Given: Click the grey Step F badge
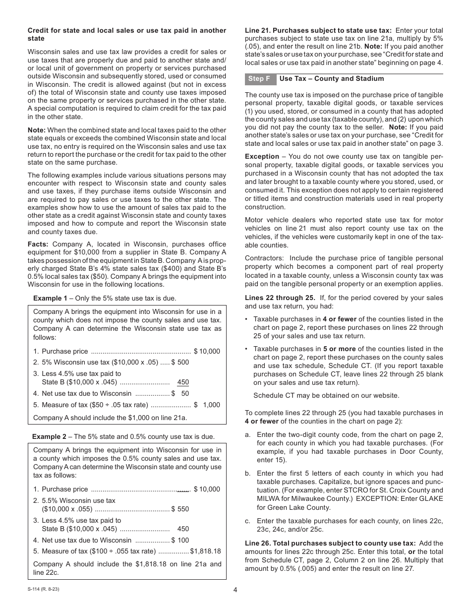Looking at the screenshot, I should (x=260, y=79).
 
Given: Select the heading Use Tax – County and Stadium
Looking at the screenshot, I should (x=331, y=79).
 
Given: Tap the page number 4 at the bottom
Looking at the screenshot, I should (x=235, y=590).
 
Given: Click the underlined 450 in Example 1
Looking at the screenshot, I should (x=183, y=382).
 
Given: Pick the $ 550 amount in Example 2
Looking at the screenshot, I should (x=180, y=509).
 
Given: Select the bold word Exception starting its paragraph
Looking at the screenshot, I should (x=262, y=156).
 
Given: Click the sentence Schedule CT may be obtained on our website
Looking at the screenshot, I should (x=326, y=395).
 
